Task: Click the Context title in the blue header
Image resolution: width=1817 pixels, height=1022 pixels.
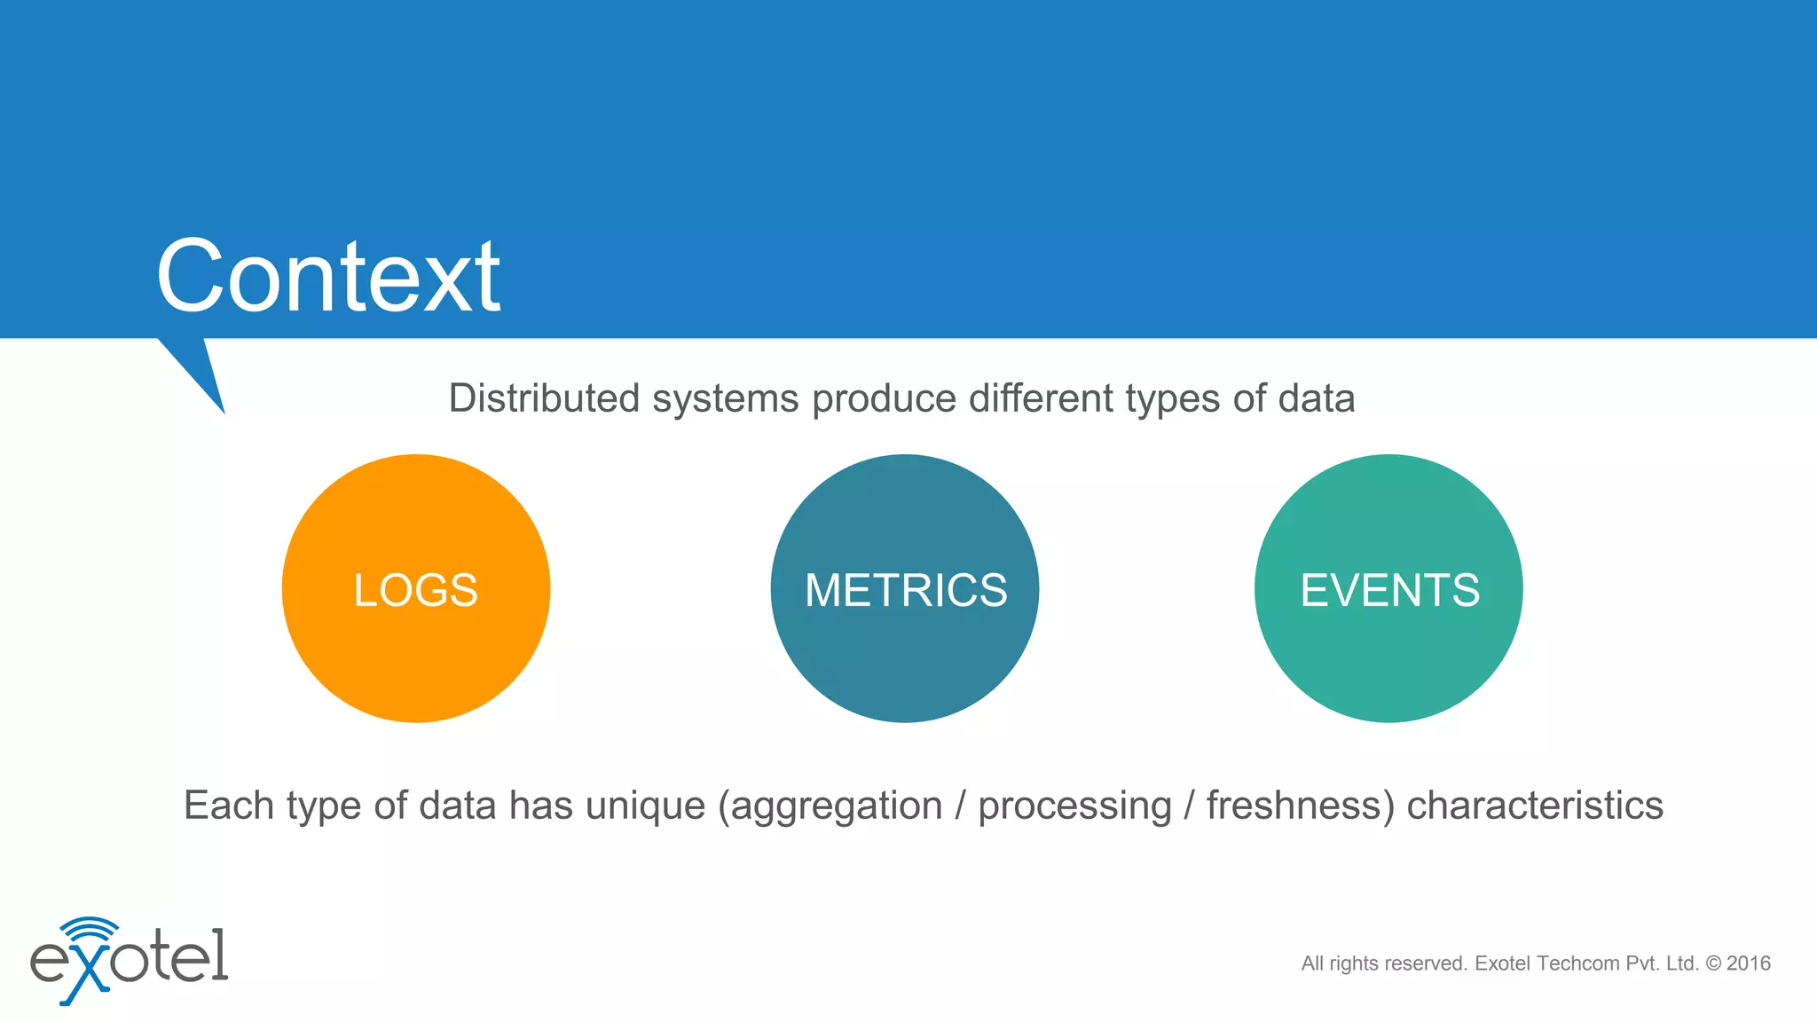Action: [327, 277]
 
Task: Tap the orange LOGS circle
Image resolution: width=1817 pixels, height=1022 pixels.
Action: [415, 589]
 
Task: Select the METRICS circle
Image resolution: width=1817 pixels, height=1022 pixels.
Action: [905, 589]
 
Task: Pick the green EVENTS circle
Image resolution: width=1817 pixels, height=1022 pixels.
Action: [1388, 589]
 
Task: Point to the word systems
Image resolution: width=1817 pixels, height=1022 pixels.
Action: [726, 398]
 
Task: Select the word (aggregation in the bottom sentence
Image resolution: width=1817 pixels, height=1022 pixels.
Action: [830, 806]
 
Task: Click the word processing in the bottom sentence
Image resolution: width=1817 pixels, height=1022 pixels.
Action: [1074, 806]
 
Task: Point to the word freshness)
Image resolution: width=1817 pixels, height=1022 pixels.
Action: [1300, 806]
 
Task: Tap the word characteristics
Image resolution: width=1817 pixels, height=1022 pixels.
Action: [1535, 806]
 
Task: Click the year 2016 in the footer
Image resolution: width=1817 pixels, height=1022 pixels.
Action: [1749, 963]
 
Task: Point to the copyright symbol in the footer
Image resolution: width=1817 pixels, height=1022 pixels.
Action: [1713, 963]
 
